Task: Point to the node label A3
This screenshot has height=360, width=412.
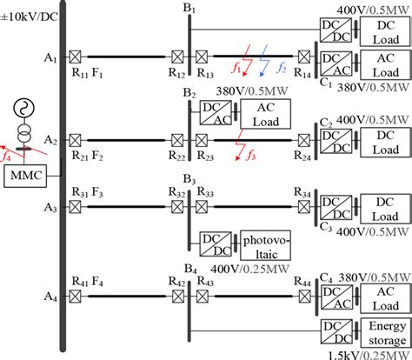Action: point(50,208)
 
